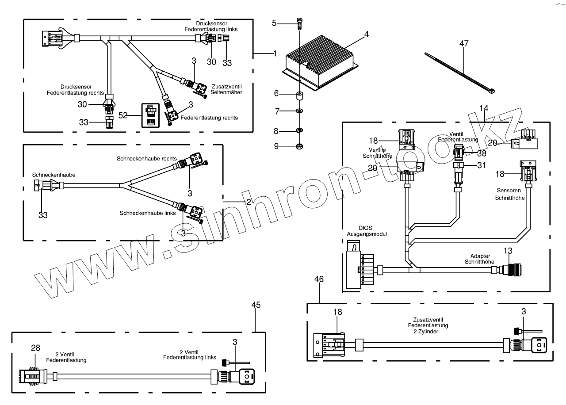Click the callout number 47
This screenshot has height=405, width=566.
[463, 44]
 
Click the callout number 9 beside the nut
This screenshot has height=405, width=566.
[275, 146]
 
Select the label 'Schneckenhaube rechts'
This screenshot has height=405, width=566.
[147, 158]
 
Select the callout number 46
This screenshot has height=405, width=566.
[319, 279]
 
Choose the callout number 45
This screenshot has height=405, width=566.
[256, 305]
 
